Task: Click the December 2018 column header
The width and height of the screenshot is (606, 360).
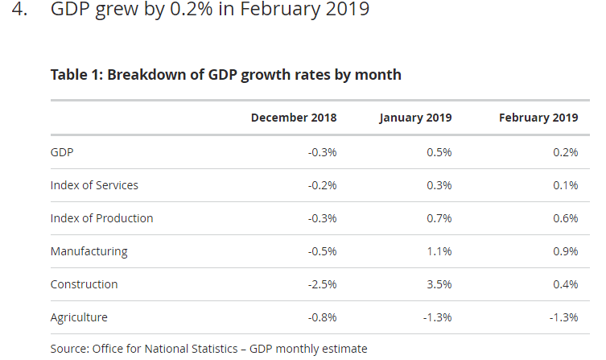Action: [x=293, y=118]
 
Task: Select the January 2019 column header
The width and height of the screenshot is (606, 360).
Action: [x=415, y=118]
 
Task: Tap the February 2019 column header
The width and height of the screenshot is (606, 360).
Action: [x=538, y=118]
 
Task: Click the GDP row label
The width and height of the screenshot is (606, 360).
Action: [x=62, y=152]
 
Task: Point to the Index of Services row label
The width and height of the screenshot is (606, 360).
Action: [x=94, y=185]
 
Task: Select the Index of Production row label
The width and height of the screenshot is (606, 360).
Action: [x=101, y=218]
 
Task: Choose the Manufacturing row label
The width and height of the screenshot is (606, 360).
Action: [x=89, y=251]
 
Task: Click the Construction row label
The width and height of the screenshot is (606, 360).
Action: [x=84, y=284]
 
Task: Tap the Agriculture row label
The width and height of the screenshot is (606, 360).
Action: [x=79, y=317]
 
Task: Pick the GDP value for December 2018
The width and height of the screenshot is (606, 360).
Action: [x=322, y=152]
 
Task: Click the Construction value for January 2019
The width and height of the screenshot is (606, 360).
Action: [x=439, y=284]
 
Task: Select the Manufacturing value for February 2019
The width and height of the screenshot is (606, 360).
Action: [x=565, y=251]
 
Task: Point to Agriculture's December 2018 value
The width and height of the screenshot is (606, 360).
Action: [x=322, y=317]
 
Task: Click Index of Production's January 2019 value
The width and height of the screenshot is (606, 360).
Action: [x=439, y=218]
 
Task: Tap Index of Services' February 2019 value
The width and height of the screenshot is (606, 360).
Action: [x=565, y=185]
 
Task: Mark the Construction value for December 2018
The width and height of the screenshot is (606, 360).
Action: [x=322, y=284]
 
